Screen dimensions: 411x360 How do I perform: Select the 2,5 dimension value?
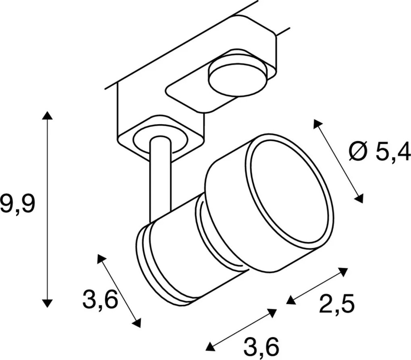(336, 304)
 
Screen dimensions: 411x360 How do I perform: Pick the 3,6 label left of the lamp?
(100, 300)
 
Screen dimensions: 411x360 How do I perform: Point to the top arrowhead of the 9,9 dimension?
(47, 116)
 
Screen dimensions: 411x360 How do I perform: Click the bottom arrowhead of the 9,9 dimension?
(47, 302)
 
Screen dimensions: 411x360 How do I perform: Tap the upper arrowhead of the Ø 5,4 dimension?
(317, 124)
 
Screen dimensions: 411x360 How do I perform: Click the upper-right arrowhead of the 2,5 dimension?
(343, 272)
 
